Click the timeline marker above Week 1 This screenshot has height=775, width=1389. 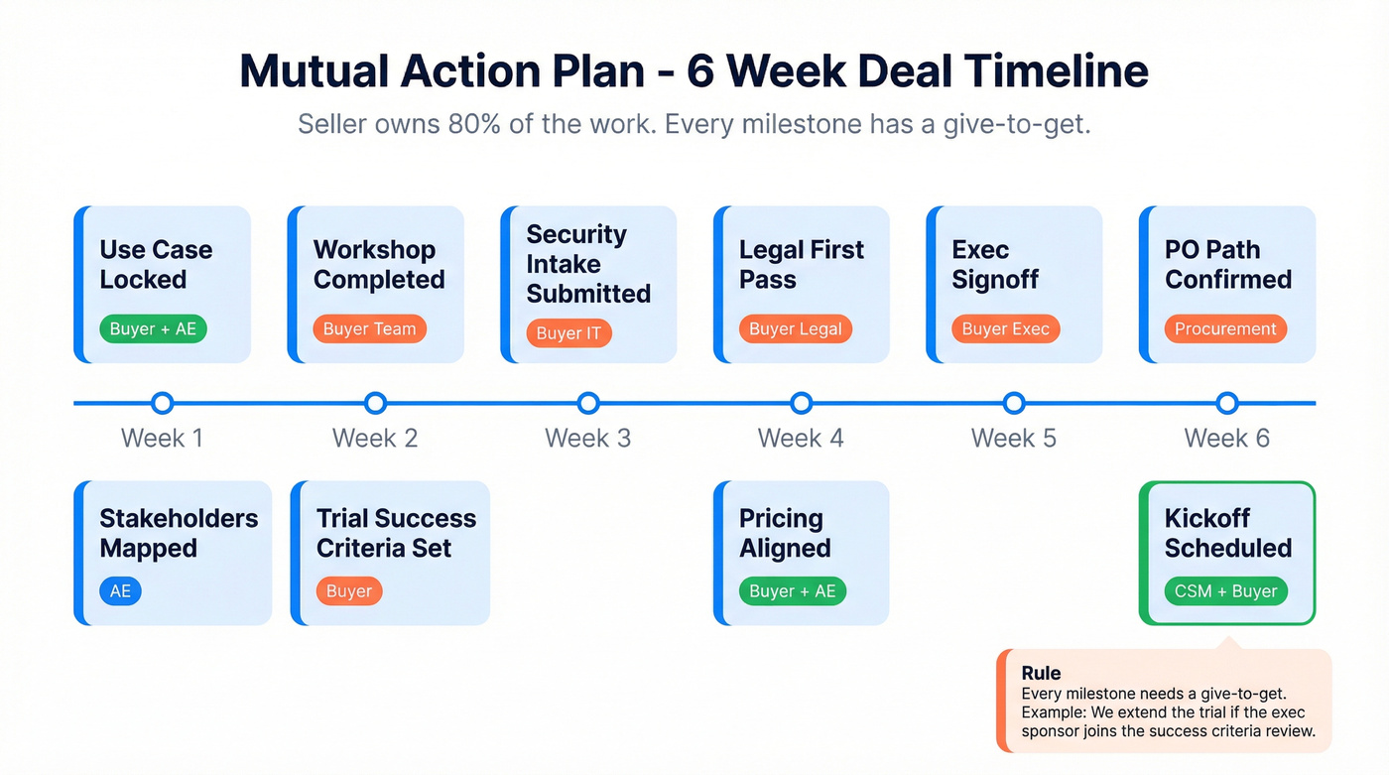pos(163,403)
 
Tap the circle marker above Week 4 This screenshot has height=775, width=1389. pos(802,403)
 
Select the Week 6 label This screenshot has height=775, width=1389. pos(1226,439)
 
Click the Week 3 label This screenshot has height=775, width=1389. pos(587,439)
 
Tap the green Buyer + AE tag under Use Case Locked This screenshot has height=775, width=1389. pos(153,329)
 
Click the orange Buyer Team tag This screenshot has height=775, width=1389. pos(369,329)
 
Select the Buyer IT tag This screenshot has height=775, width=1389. pos(568,333)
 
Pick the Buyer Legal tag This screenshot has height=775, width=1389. pos(795,329)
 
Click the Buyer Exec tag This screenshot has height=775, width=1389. pos(1006,329)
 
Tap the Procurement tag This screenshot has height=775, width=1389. pos(1225,329)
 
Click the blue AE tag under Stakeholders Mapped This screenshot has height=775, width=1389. pos(120,591)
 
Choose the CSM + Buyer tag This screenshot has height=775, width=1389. pos(1225,591)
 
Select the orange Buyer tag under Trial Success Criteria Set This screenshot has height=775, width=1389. pos(349,591)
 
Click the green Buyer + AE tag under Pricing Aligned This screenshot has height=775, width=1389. pos(792,591)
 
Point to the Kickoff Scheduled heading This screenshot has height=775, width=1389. pos(1227,533)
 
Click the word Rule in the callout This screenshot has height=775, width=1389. pos(1041,674)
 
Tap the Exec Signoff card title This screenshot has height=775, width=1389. pos(994,265)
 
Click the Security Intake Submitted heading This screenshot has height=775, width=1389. pos(587,264)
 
